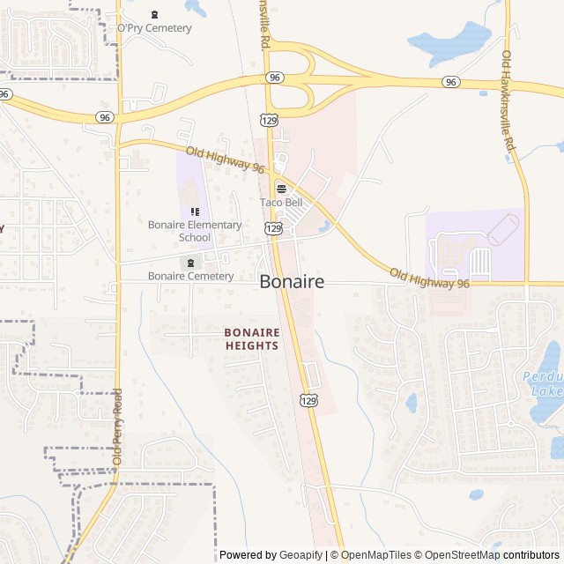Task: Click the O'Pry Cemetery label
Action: coord(154,28)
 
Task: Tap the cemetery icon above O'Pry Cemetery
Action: coord(155,14)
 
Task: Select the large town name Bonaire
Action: coord(292,282)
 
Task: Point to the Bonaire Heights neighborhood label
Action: coord(251,338)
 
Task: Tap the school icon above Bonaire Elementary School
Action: coord(195,211)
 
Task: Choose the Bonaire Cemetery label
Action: coord(191,276)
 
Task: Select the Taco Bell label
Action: coord(281,203)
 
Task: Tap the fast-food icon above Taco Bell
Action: coord(281,188)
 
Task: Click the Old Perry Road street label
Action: coord(117,427)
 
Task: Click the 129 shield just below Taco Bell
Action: coord(273,228)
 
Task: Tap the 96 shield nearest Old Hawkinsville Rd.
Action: coord(451,82)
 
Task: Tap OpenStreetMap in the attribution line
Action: coord(459,555)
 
